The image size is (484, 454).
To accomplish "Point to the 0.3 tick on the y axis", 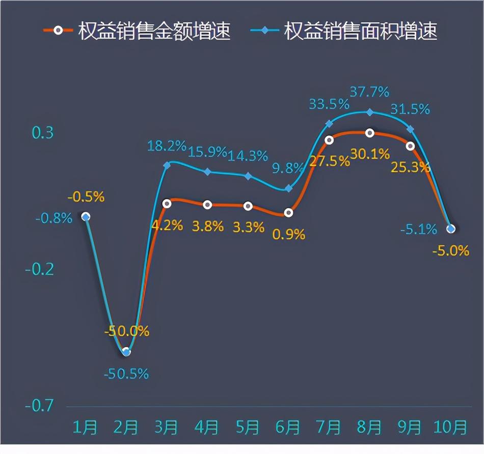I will click(x=43, y=133).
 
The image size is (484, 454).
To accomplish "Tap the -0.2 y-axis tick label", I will click(x=39, y=269).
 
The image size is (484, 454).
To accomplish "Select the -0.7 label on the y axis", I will click(x=39, y=406).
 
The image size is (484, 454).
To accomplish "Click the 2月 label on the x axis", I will click(x=125, y=427).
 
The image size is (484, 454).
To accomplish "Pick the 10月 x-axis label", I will click(x=450, y=427).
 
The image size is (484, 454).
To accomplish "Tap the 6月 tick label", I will click(x=288, y=427).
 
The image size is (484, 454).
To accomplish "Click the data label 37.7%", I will click(x=369, y=92).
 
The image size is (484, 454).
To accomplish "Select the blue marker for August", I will click(x=370, y=112).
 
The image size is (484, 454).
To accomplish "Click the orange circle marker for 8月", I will click(x=370, y=133).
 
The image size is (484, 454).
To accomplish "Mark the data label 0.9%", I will click(x=289, y=235).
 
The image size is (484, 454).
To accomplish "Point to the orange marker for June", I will click(x=289, y=213).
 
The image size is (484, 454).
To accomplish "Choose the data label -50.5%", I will click(x=126, y=374).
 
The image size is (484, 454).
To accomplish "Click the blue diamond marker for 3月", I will click(x=167, y=165).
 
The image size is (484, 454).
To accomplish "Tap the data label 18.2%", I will click(x=167, y=146).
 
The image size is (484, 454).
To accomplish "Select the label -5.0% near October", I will click(x=450, y=250).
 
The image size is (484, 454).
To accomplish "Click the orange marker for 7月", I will click(x=329, y=139).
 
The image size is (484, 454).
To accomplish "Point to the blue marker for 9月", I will click(x=410, y=129).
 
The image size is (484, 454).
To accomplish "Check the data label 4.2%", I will click(x=167, y=225).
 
